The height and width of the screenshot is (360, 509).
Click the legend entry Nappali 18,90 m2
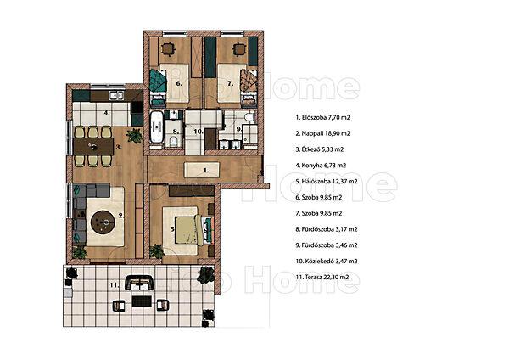322,133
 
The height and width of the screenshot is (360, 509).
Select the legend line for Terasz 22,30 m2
322,277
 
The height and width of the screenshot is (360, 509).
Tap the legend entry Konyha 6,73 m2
321,165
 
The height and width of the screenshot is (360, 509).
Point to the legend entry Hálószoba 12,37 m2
327,181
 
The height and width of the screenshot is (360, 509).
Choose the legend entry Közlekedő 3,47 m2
327,261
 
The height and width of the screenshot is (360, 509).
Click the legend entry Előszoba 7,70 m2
322,117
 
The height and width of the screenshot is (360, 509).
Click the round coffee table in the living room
103,222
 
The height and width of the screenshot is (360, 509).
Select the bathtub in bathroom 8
157,127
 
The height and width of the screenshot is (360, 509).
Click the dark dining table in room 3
93,147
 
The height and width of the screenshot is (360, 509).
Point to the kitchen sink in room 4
116,95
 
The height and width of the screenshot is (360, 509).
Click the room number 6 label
179,83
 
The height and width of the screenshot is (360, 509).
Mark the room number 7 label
230,83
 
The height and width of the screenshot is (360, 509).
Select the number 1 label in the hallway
206,170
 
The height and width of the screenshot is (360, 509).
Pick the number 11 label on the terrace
114,285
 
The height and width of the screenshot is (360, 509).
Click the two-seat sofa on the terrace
139,283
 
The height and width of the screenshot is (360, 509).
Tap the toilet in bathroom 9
250,117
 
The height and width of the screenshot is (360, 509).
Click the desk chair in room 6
168,49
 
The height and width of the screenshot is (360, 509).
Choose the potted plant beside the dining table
134,136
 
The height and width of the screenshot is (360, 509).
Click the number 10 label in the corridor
199,132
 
